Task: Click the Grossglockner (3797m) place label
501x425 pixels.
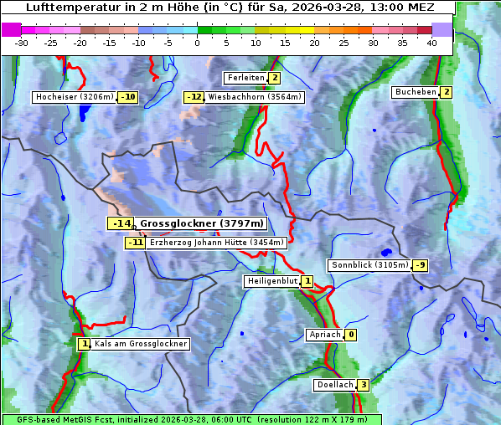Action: [x=201, y=223]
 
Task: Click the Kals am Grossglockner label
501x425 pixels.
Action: [x=140, y=344]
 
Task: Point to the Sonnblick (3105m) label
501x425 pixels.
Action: [x=369, y=265]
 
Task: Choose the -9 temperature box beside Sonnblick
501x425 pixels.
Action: [x=421, y=265]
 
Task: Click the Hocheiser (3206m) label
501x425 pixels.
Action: [x=74, y=97]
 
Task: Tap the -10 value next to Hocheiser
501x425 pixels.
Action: [x=127, y=97]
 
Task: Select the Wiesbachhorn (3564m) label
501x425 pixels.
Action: [x=255, y=97]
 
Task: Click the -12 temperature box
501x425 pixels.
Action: [x=194, y=97]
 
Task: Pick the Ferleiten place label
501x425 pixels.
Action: [x=245, y=78]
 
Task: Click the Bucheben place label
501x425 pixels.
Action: [x=416, y=92]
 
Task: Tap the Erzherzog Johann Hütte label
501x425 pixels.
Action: [x=216, y=243]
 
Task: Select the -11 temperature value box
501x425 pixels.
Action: [x=135, y=243]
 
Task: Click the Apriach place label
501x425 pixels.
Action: [x=325, y=335]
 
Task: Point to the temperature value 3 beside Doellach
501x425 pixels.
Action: [x=363, y=385]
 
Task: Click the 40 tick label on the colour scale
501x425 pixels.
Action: [x=431, y=43]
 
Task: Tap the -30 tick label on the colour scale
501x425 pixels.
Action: [x=22, y=43]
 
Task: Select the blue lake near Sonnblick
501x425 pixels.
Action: [x=386, y=252]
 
